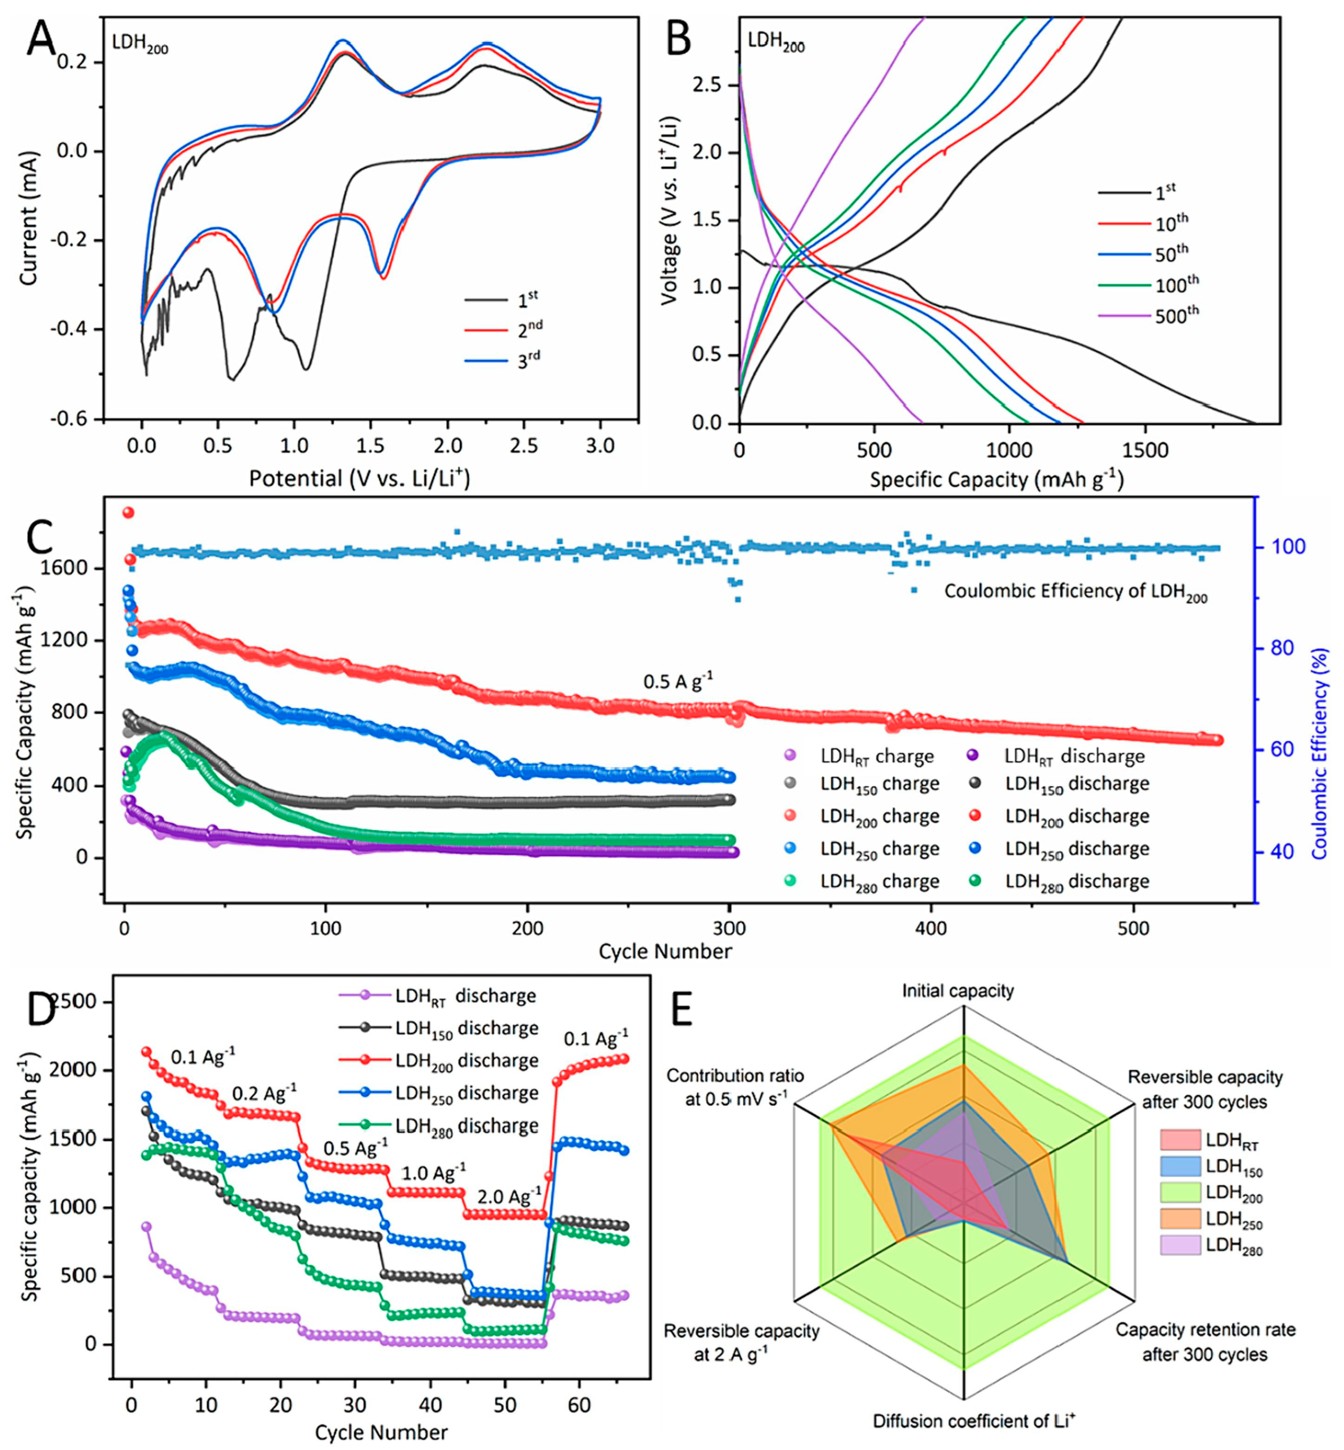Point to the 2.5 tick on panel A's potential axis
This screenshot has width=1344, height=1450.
click(x=524, y=445)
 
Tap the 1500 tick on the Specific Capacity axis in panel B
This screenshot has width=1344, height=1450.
click(x=1144, y=450)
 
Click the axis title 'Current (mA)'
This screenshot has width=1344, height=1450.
click(x=29, y=218)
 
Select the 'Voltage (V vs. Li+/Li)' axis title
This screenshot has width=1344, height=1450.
click(x=670, y=210)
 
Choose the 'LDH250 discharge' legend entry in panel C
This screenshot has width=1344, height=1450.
click(x=1077, y=849)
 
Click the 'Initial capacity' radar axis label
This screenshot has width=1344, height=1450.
click(x=958, y=991)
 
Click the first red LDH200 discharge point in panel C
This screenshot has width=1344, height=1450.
click(x=128, y=512)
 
